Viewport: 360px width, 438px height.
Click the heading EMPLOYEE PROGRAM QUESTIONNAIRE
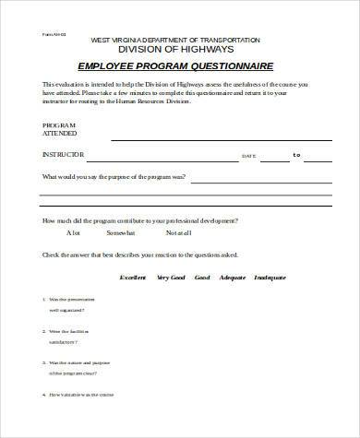pyautogui.click(x=180, y=67)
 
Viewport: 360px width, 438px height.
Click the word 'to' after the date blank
pyautogui.click(x=296, y=155)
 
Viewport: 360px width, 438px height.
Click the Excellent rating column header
pyautogui.click(x=135, y=277)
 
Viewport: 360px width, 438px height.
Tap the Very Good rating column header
pyautogui.click(x=172, y=277)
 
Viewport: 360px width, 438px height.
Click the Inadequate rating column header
pyautogui.click(x=275, y=277)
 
